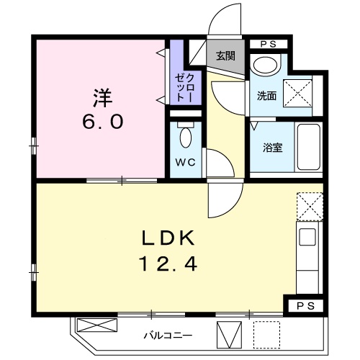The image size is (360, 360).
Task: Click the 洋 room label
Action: coord(102,95)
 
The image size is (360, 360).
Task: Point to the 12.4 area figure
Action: coord(166,265)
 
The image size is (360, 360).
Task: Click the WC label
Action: coord(186,162)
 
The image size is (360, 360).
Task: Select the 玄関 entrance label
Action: coord(225,56)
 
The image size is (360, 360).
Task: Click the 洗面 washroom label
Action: coord(266,95)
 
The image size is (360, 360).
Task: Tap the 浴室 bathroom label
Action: coord(272,148)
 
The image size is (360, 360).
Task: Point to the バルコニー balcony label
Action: coord(167,335)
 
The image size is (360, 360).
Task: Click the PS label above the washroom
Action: coord(268,44)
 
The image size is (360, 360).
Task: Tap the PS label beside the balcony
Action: coord(305,307)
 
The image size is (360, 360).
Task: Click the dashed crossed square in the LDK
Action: coord(309,207)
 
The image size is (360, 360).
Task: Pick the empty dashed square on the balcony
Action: coord(265,333)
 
